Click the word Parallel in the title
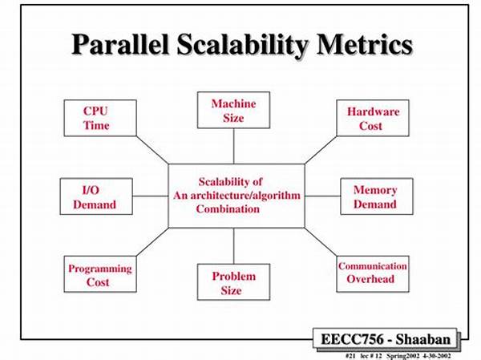(x=120, y=45)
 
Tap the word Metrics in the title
(x=365, y=45)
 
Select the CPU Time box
(x=100, y=118)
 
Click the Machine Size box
(x=234, y=110)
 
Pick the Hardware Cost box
(x=373, y=118)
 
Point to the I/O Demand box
(x=96, y=196)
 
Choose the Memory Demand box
(x=377, y=196)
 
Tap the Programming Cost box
(x=100, y=274)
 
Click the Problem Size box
(x=234, y=282)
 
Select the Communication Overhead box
(x=373, y=274)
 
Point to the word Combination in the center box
(x=228, y=209)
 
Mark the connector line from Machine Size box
(x=234, y=146)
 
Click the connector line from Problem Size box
(x=234, y=246)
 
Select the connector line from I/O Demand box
(x=151, y=196)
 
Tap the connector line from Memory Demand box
(x=323, y=196)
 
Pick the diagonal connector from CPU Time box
(x=152, y=150)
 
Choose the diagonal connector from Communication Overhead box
(x=321, y=242)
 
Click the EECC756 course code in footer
(x=352, y=339)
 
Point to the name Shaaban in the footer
(x=423, y=339)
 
